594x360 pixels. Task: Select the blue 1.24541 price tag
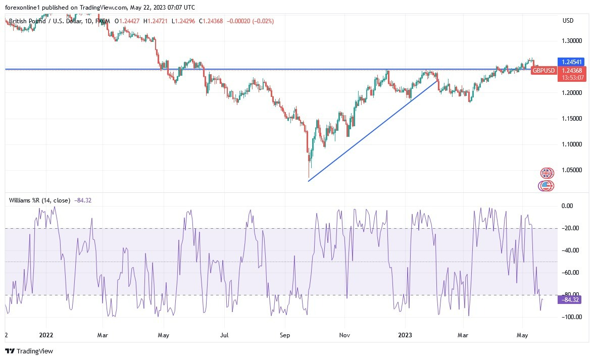(x=569, y=62)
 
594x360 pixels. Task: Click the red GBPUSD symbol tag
(x=543, y=70)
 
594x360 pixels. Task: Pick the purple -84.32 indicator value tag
(x=569, y=299)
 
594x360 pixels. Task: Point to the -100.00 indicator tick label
(x=571, y=317)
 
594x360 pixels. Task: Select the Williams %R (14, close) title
(x=39, y=200)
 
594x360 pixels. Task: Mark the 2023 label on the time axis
(x=406, y=335)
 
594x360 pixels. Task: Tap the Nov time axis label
(x=345, y=335)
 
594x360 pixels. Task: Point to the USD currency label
(x=568, y=21)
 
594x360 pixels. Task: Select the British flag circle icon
(x=547, y=173)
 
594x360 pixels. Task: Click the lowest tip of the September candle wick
(x=309, y=178)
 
